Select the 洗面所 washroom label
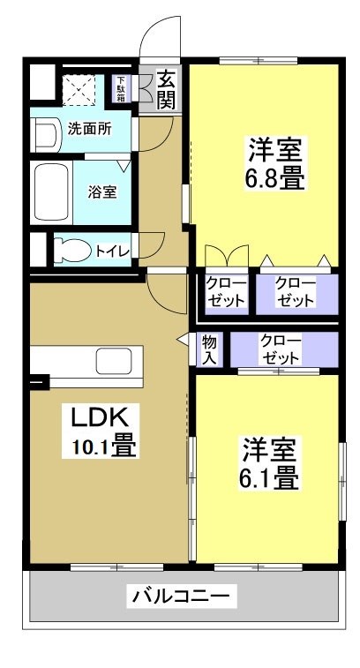[x=89, y=129]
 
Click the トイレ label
[x=113, y=251]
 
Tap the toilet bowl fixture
[x=70, y=250]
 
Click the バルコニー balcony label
[x=184, y=597]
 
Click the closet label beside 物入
[x=281, y=349]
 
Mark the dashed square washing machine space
[x=79, y=89]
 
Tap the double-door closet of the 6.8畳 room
[x=227, y=291]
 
